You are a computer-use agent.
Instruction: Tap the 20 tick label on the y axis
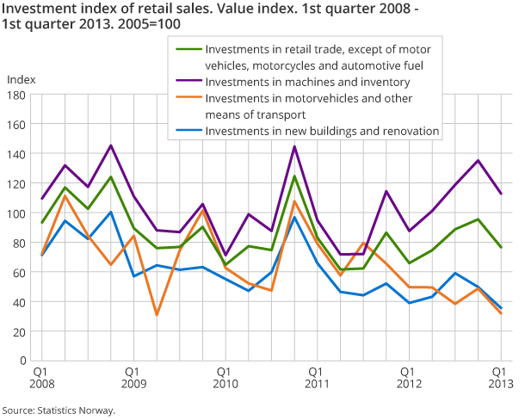pos(23,331)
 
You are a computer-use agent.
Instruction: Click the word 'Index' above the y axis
pos(22,79)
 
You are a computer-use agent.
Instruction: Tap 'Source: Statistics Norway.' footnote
pos(59,411)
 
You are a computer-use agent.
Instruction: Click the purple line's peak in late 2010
pos(295,146)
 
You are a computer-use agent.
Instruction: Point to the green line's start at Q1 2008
pos(40,223)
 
